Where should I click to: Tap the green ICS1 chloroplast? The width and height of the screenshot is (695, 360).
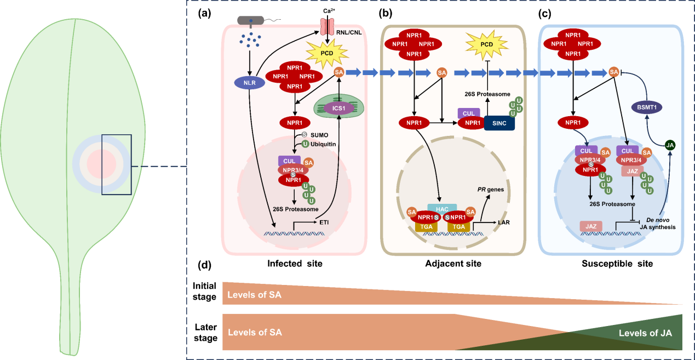pos(338,108)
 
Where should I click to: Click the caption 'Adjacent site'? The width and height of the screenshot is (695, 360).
pos(453,264)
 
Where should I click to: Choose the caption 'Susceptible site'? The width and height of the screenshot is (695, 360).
pos(617,264)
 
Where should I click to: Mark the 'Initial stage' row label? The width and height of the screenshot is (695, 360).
pos(204,292)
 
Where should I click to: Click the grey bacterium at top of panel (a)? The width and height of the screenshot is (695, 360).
pos(255,20)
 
